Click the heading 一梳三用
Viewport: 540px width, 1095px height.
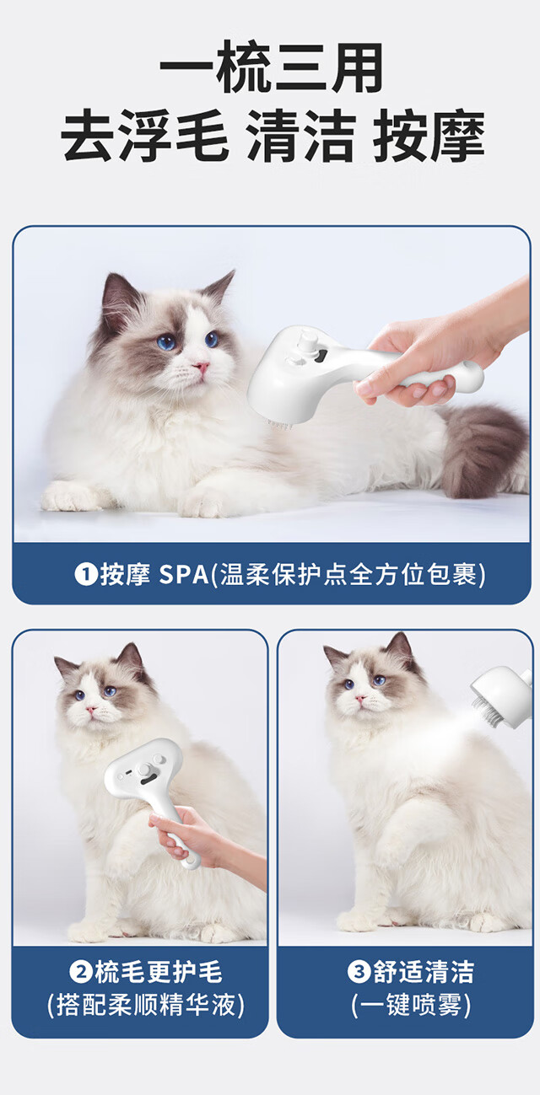tap(271, 67)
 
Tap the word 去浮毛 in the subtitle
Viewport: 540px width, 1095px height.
tap(145, 136)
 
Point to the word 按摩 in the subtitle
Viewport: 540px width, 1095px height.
tap(429, 136)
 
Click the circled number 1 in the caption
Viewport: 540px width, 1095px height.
tap(85, 574)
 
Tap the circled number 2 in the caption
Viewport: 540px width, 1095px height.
tap(80, 971)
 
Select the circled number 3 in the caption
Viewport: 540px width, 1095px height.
tap(359, 971)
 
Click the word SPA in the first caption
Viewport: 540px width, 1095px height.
tap(184, 575)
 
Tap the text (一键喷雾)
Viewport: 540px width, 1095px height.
tap(411, 1005)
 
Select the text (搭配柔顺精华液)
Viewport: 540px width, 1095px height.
tap(145, 1005)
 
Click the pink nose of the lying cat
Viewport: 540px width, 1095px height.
tap(201, 366)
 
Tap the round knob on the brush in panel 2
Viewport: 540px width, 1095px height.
tap(145, 770)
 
